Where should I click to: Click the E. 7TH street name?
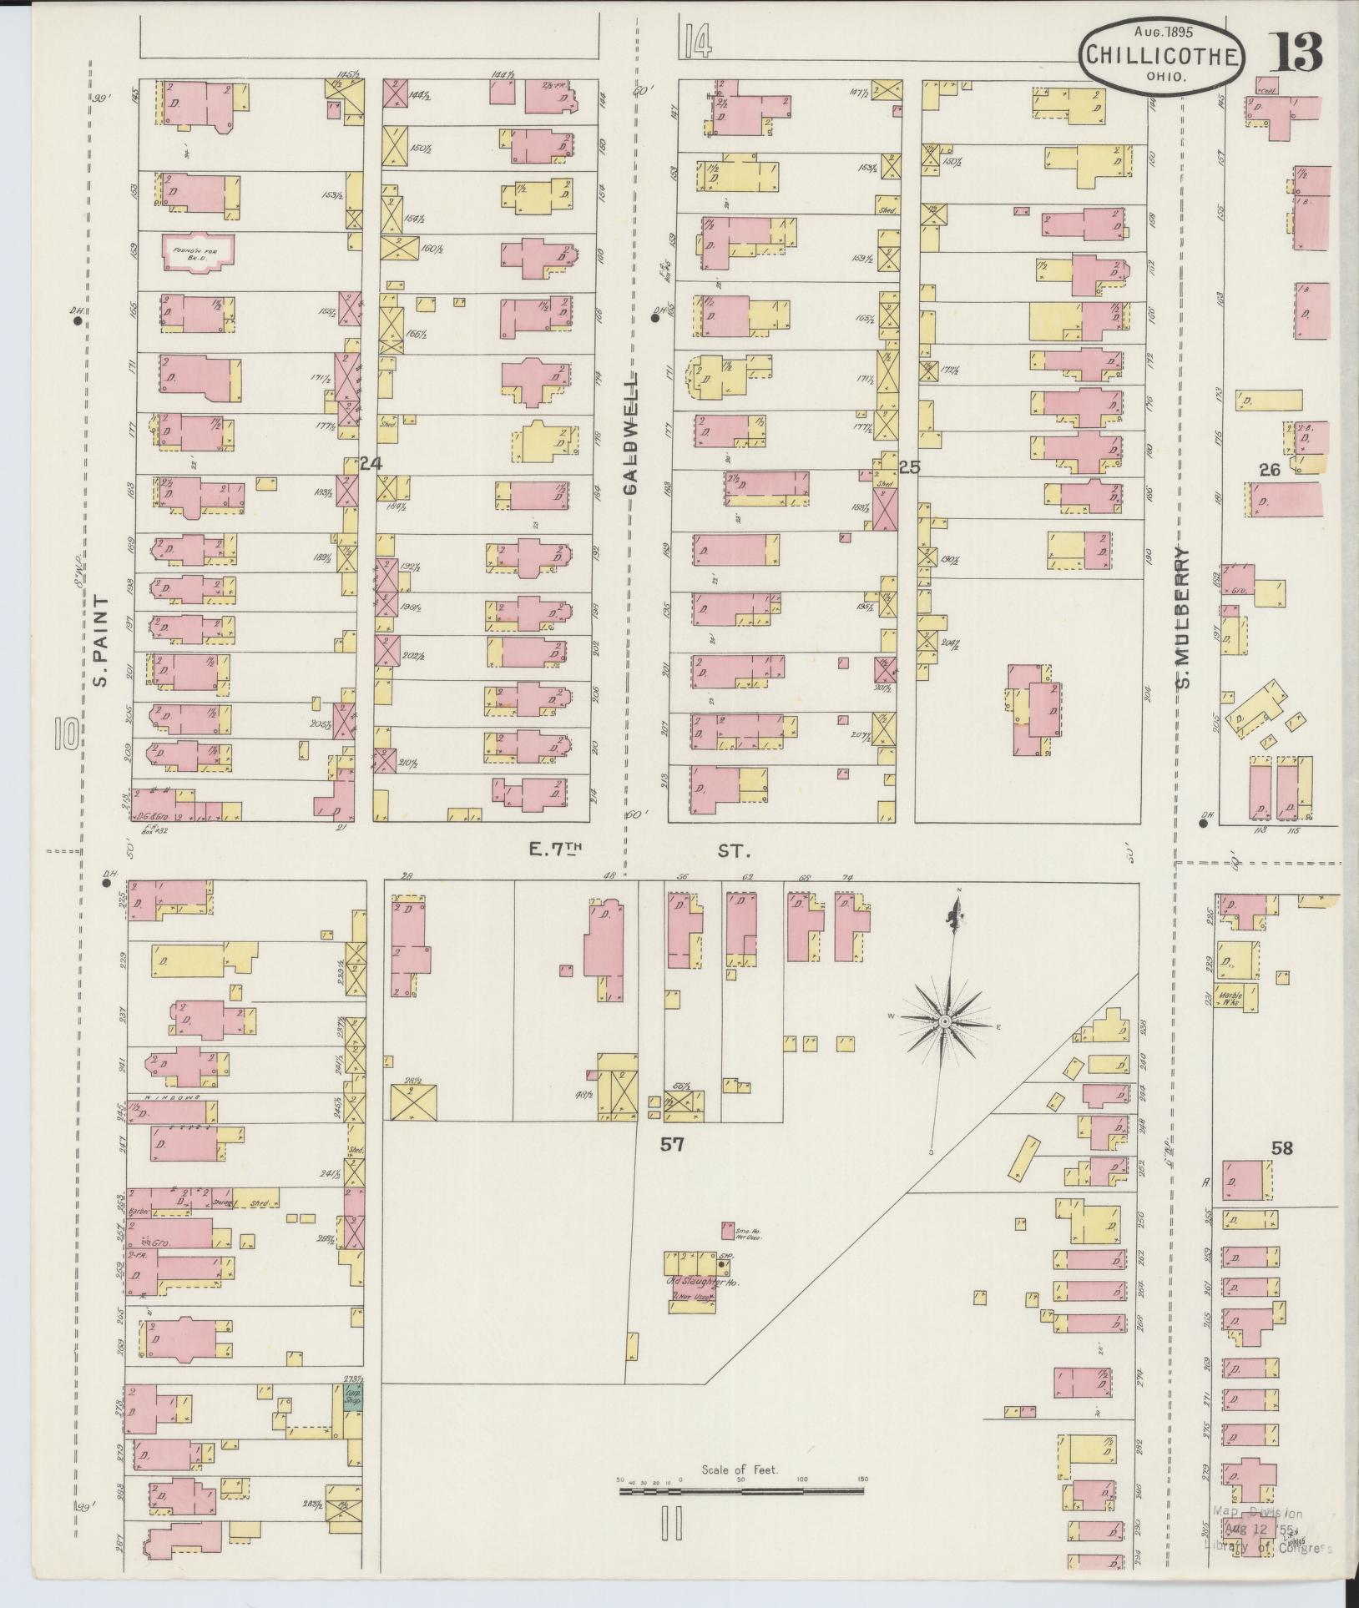pyautogui.click(x=554, y=850)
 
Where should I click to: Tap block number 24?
pyautogui.click(x=370, y=464)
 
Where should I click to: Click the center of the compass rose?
pyautogui.click(x=944, y=1021)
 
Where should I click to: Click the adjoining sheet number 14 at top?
pyautogui.click(x=696, y=42)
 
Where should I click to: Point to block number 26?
pyautogui.click(x=1269, y=471)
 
